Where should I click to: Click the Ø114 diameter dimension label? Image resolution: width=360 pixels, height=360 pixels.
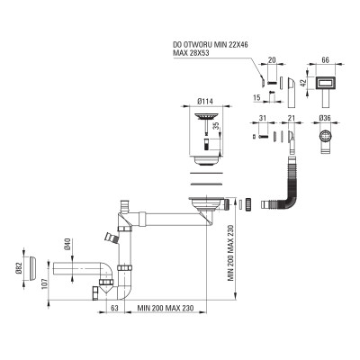coord(205,102)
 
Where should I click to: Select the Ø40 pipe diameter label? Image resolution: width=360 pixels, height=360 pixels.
coord(67,244)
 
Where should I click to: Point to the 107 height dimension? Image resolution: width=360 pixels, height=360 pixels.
coord(44,284)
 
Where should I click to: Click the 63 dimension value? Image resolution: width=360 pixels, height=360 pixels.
coord(115,308)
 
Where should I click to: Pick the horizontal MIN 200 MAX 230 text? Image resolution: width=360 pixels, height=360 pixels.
coord(166,308)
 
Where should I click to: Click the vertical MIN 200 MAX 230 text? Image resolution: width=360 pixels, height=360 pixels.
coord(230,253)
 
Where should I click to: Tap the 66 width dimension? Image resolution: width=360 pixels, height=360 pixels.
coord(325,59)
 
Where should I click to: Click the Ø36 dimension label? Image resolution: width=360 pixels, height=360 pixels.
coord(325,119)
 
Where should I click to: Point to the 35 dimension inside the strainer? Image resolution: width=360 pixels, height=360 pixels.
coord(216,125)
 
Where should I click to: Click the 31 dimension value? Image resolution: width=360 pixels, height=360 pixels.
coord(263,119)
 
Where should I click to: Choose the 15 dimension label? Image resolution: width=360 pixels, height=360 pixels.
coord(256,97)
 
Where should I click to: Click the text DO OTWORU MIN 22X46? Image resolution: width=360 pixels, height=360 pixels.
coord(211,45)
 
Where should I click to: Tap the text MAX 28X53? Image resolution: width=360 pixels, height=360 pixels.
coord(191,53)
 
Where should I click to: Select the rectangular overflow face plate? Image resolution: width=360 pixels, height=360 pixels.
coord(325,82)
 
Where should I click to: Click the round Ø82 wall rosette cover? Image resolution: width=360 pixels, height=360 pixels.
coord(33,268)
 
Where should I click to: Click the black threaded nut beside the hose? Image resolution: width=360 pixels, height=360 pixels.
coord(247,205)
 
